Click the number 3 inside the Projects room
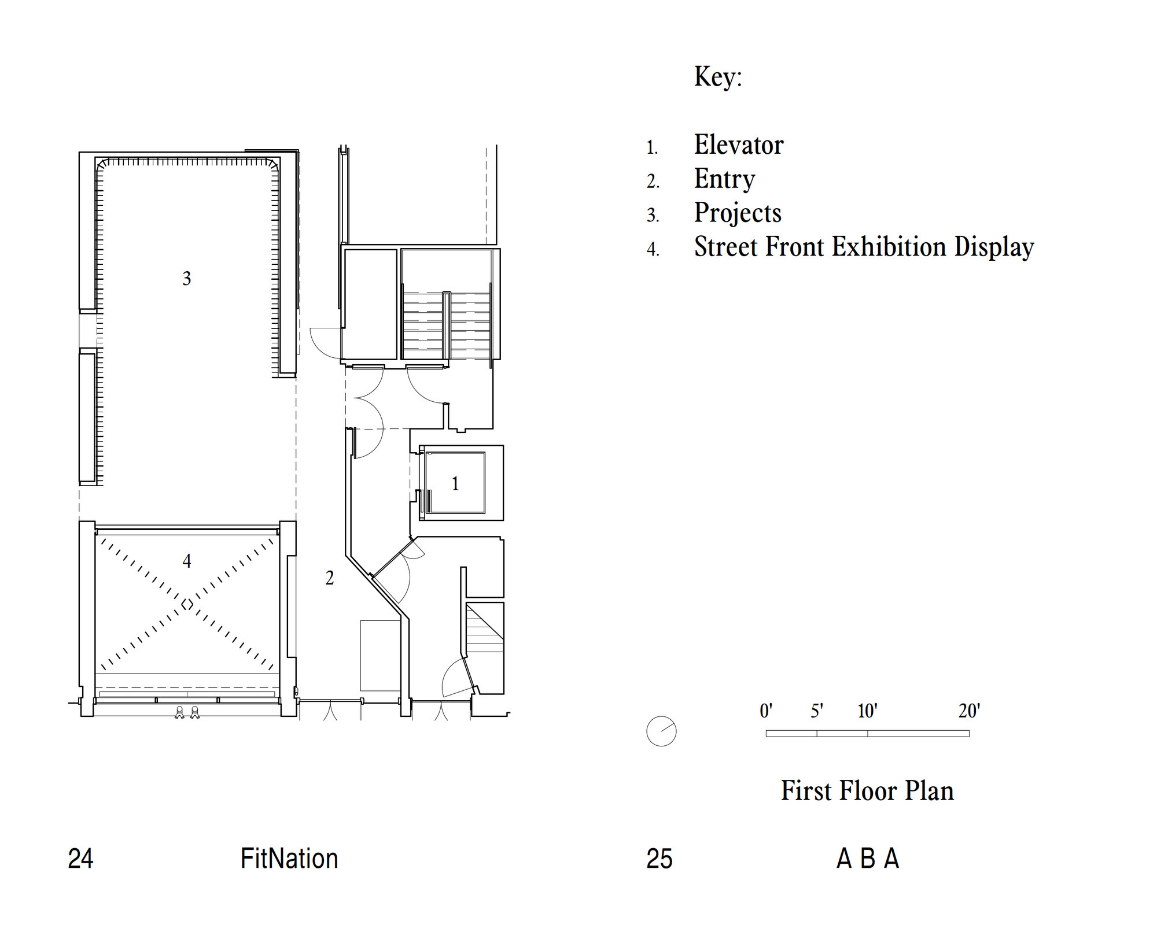pyautogui.click(x=186, y=279)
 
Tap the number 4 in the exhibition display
pyautogui.click(x=186, y=561)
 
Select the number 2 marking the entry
pyautogui.click(x=330, y=578)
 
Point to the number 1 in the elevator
pyautogui.click(x=455, y=483)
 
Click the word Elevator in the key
pyautogui.click(x=739, y=145)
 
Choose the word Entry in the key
pyautogui.click(x=725, y=179)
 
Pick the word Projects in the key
pyautogui.click(x=738, y=213)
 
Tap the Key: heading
pyautogui.click(x=718, y=77)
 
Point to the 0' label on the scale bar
pyautogui.click(x=766, y=711)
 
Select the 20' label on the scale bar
pyautogui.click(x=969, y=711)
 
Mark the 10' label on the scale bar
pyautogui.click(x=867, y=711)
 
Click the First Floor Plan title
pyautogui.click(x=867, y=790)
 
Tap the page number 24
pyautogui.click(x=80, y=859)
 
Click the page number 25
pyautogui.click(x=659, y=859)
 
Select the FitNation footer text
pyautogui.click(x=289, y=859)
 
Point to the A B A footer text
pyautogui.click(x=868, y=859)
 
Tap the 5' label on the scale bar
pyautogui.click(x=817, y=711)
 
